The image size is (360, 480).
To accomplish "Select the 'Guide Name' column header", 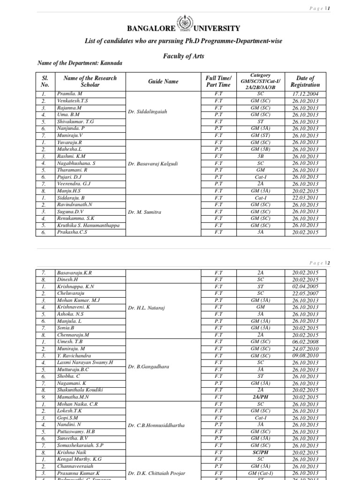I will (164, 82).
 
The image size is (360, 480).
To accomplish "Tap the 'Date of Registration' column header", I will (305, 82).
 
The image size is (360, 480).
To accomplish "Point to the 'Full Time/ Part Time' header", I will (218, 82).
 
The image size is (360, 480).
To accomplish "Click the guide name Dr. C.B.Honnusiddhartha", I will (156, 425).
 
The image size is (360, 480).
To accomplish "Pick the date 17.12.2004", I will (305, 94).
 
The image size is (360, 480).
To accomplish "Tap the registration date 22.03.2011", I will (305, 198).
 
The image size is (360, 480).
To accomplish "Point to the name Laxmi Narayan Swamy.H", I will (85, 363).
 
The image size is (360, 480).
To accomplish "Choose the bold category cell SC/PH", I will (260, 452).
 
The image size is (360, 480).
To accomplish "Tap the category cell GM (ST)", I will (260, 135).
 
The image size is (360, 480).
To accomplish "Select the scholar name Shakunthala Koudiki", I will (80, 390).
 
